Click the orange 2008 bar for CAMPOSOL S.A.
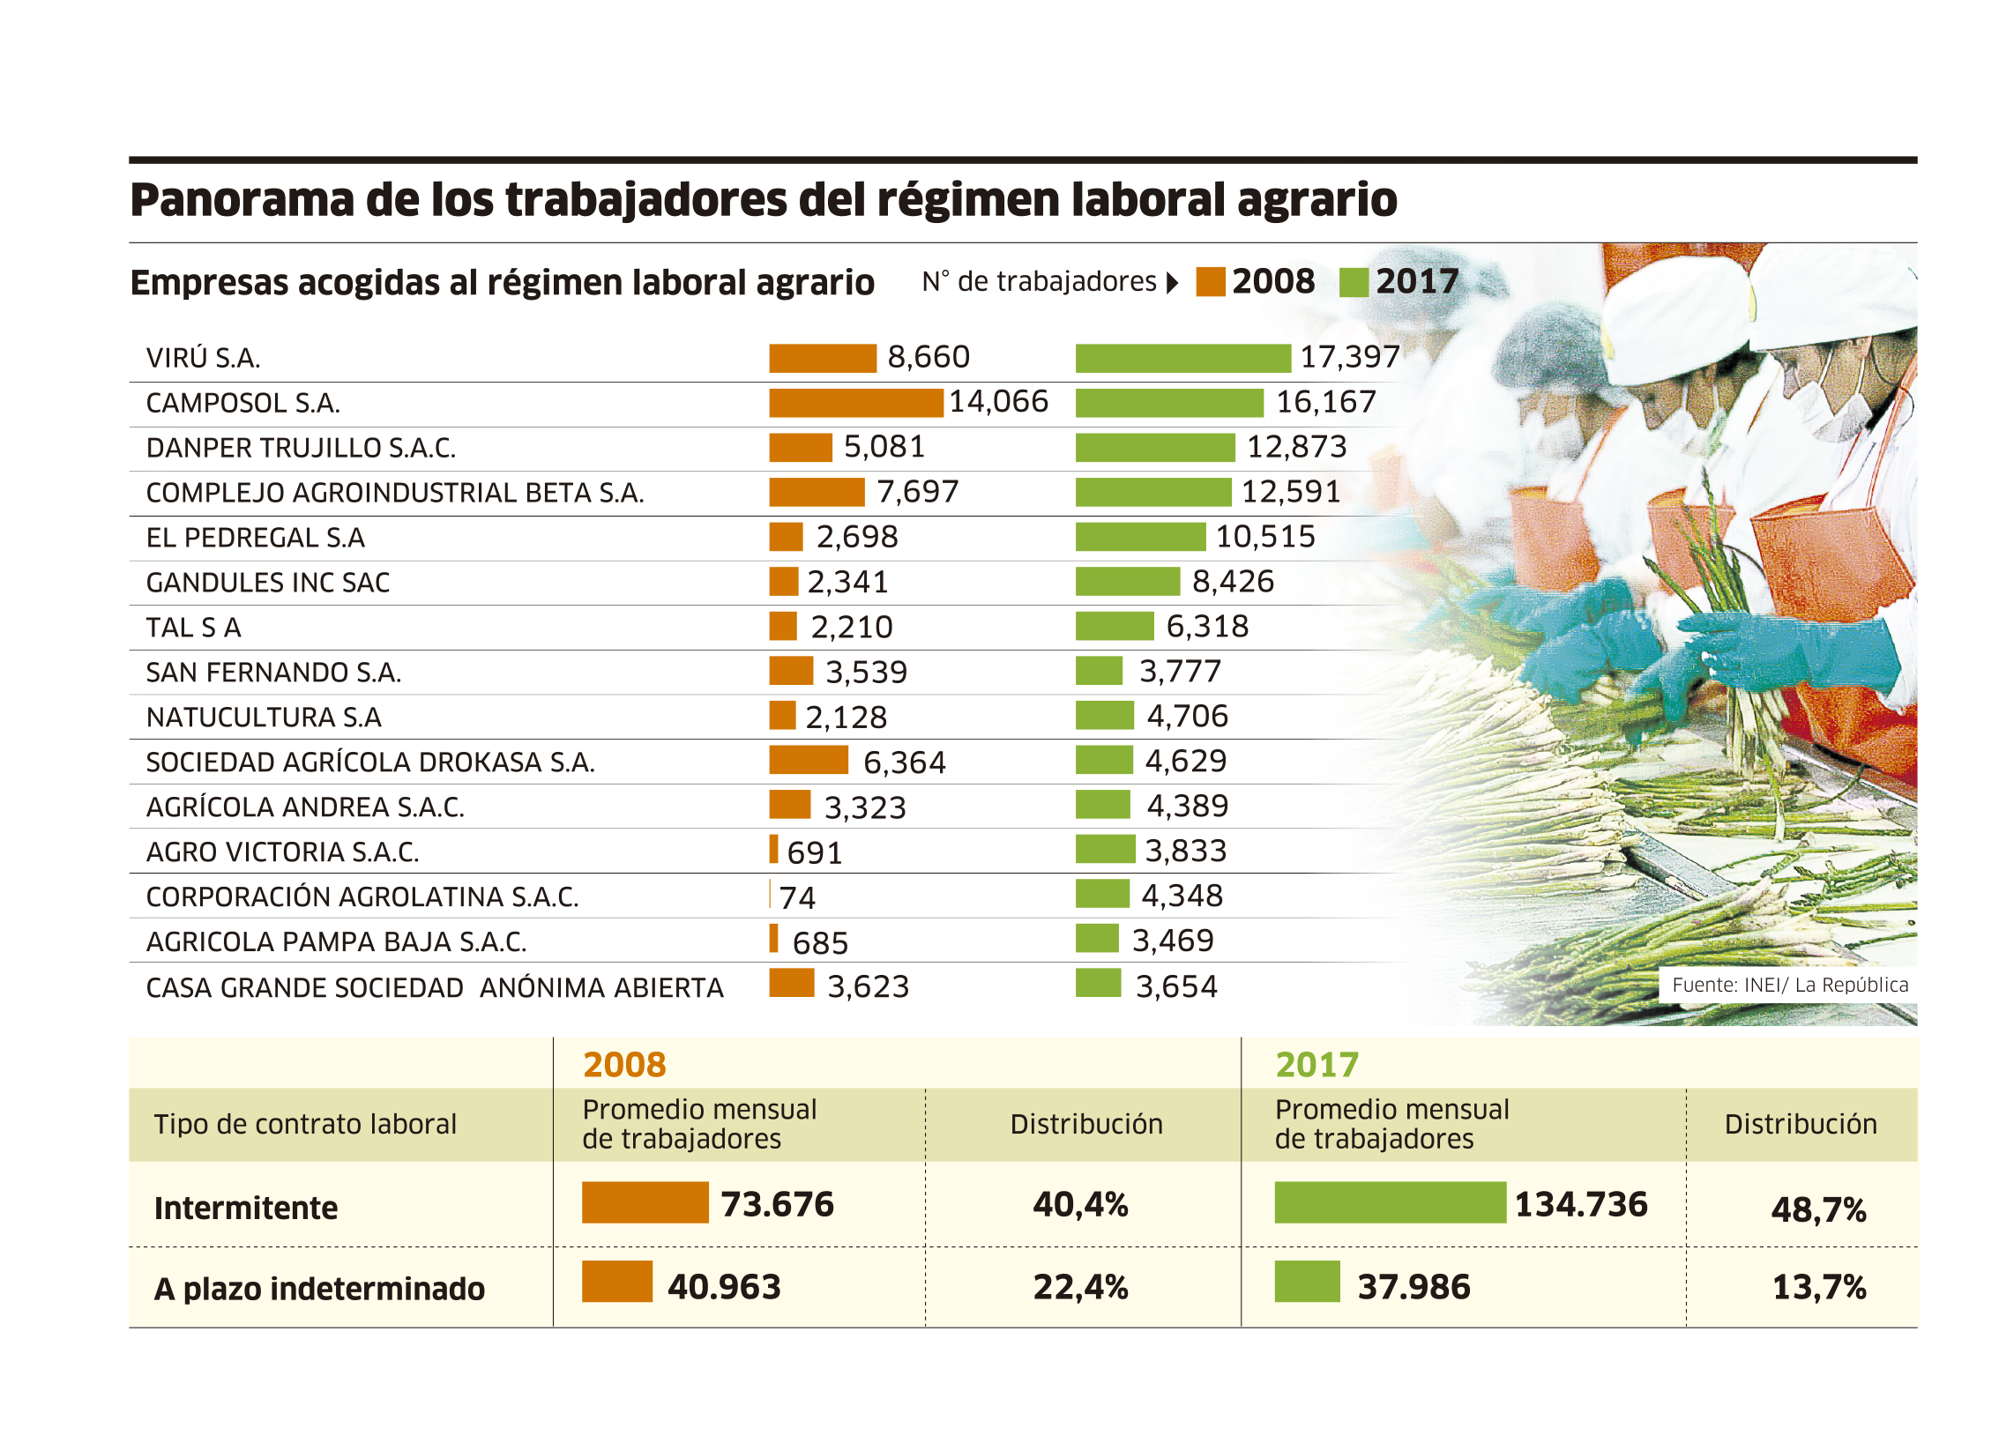(x=855, y=403)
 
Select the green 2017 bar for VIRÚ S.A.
(x=1182, y=358)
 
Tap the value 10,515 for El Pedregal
(x=1265, y=537)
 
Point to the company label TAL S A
(x=193, y=628)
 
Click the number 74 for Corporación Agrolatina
(x=797, y=897)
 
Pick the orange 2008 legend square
(x=1210, y=282)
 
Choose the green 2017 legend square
(x=1354, y=282)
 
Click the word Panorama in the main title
(x=240, y=199)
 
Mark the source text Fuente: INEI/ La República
(x=1790, y=985)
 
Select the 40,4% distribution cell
(x=1080, y=1204)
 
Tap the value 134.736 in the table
(x=1580, y=1204)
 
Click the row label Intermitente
(x=245, y=1208)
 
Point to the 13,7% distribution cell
(x=1818, y=1287)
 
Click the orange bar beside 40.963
(x=616, y=1282)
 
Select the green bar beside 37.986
(x=1307, y=1282)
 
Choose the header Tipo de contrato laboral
(x=305, y=1124)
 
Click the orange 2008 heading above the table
(x=624, y=1065)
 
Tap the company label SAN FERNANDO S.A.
(x=273, y=673)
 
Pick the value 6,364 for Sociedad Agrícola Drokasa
(x=904, y=762)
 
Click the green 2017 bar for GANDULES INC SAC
(x=1127, y=582)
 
